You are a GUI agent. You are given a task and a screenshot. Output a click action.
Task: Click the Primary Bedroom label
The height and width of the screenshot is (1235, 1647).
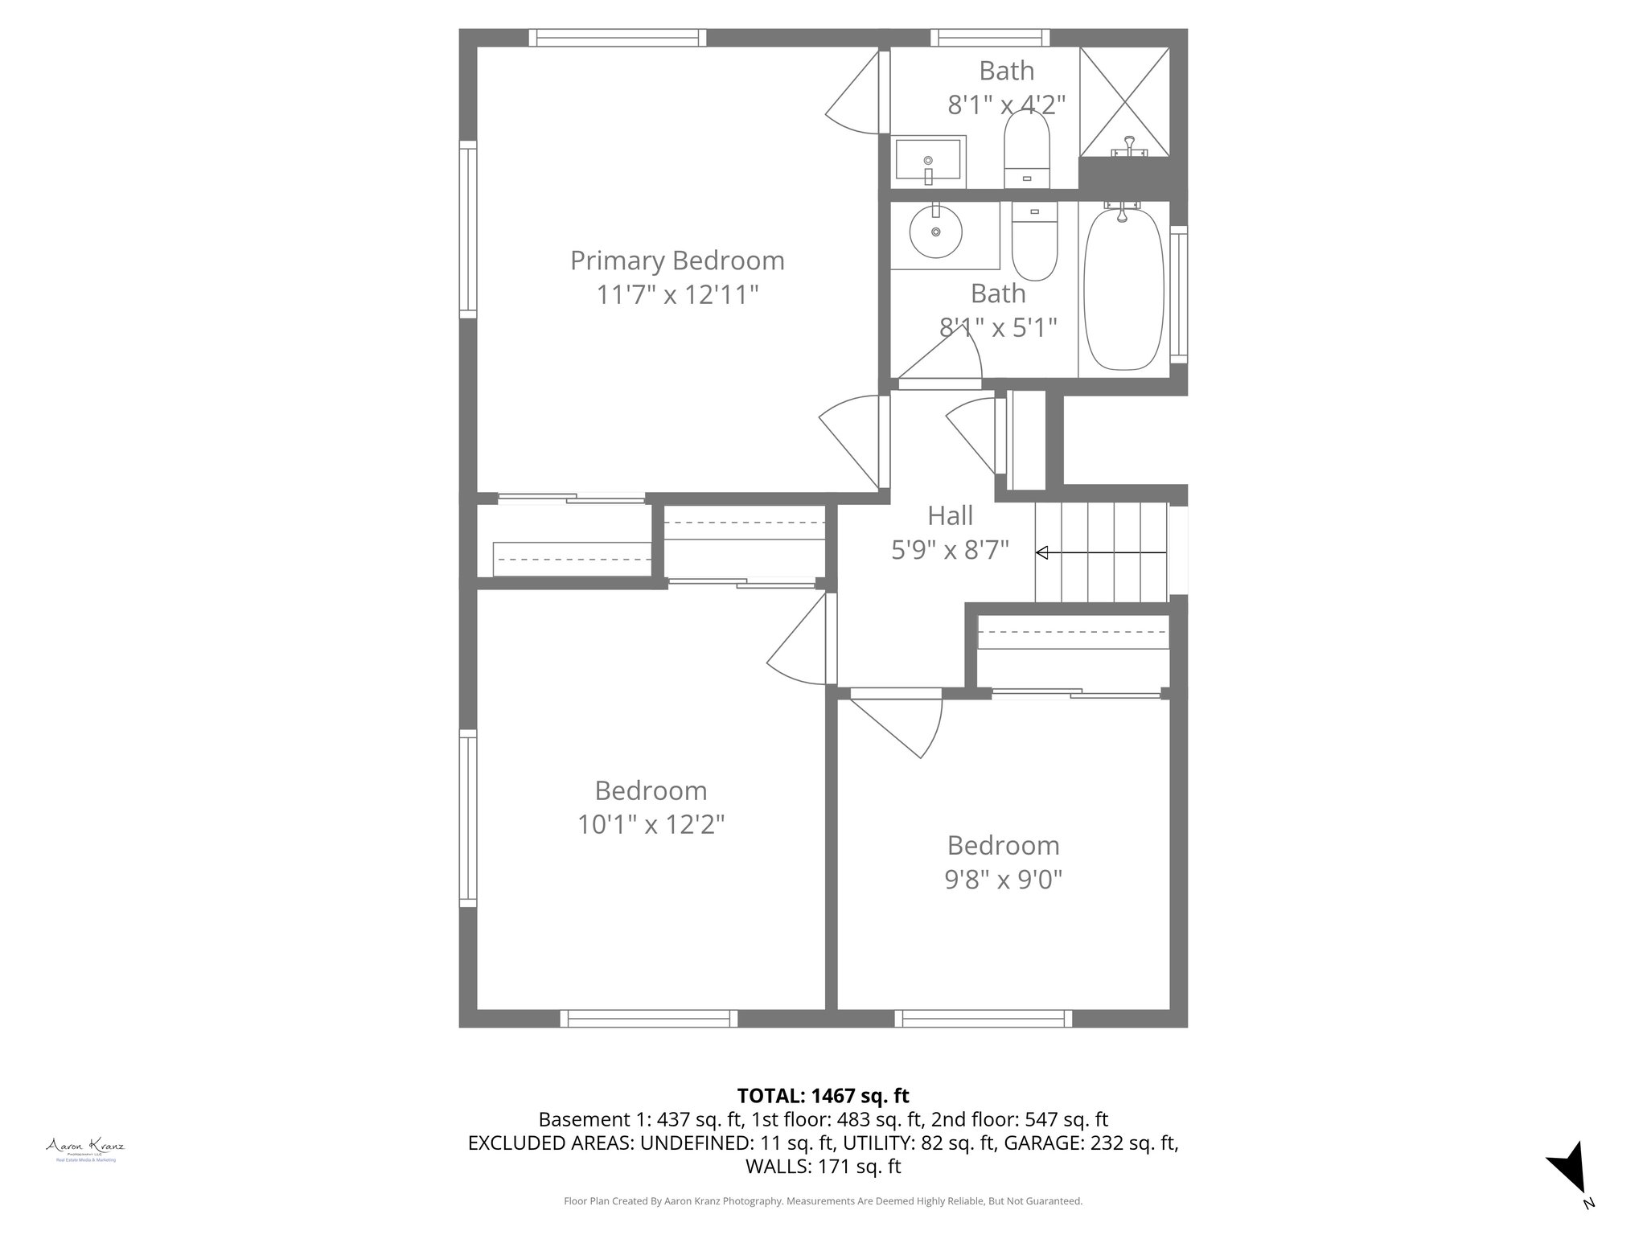[x=677, y=261]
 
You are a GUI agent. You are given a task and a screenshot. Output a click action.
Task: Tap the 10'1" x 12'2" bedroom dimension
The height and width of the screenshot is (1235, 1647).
[x=651, y=825]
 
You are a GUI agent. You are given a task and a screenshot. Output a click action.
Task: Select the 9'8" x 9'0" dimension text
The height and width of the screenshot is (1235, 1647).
[x=1003, y=880]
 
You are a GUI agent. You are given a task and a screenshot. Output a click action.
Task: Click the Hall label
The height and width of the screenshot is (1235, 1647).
[x=950, y=515]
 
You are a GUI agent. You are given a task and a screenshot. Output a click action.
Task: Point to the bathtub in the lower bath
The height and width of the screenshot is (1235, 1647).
[x=1123, y=290]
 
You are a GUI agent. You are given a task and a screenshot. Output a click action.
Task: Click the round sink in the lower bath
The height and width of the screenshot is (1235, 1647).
[x=935, y=232]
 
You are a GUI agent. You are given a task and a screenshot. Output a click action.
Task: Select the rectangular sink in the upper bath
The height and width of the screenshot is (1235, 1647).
[x=928, y=162]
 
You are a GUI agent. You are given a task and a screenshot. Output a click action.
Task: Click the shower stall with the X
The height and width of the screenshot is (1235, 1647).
[x=1123, y=102]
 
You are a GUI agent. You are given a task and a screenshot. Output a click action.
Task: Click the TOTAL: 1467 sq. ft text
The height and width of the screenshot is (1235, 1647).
[x=823, y=1095]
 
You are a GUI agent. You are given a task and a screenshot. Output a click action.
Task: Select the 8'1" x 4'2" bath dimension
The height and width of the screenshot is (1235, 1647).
[x=1006, y=105]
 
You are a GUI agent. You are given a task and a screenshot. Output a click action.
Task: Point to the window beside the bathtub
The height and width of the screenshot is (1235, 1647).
[x=1178, y=293]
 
